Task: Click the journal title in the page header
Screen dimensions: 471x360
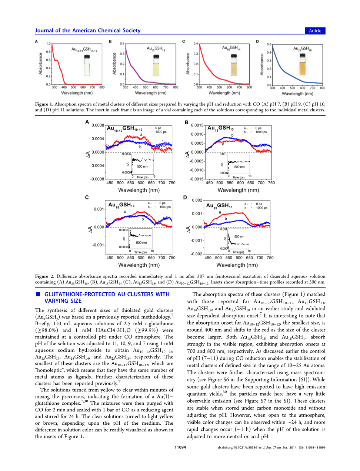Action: click(88, 31)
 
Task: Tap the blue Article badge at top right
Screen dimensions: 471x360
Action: click(315, 31)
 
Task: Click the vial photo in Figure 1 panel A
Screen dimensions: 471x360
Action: click(87, 65)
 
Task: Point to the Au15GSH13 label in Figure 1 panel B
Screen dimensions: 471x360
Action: click(156, 48)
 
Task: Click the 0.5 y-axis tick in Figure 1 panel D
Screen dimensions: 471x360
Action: click(269, 44)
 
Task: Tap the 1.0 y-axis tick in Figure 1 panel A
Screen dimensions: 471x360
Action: click(49, 44)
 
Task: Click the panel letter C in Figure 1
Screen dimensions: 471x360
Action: click(183, 41)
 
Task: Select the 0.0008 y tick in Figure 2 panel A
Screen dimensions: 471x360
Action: click(98, 125)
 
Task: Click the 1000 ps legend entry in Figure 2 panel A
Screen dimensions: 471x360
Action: click(161, 132)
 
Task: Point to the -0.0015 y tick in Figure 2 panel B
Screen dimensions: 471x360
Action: click(197, 179)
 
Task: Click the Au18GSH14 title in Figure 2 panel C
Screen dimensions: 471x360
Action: click(121, 205)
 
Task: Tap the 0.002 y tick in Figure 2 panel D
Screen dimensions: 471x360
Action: click(197, 200)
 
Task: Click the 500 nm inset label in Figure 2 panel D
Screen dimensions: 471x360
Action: click(239, 236)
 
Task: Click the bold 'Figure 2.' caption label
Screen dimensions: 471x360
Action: click(44, 276)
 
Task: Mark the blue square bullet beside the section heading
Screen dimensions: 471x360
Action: click(38, 294)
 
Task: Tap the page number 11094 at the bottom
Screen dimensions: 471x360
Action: click(180, 447)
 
